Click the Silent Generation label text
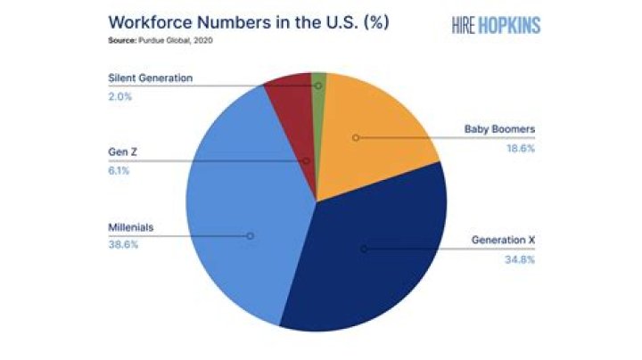point(151,78)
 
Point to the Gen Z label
point(122,152)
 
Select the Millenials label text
point(130,227)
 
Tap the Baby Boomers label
point(499,129)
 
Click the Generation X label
point(503,240)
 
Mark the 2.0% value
point(120,97)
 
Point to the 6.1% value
point(119,171)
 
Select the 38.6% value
point(123,245)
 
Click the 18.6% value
point(521,149)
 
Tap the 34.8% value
point(520,260)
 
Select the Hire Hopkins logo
point(497,25)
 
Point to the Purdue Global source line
point(160,40)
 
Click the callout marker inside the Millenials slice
point(251,236)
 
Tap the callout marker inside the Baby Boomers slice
point(356,138)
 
